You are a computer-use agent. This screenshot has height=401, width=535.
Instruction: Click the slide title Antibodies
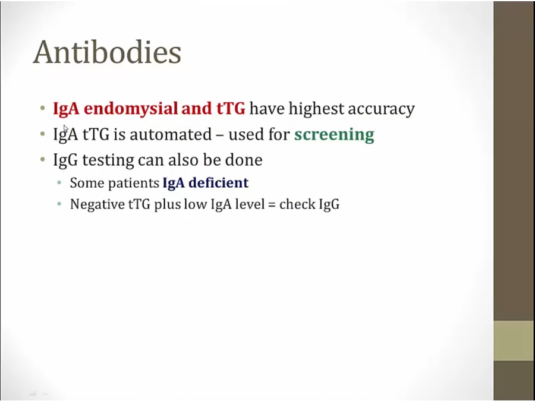(x=107, y=52)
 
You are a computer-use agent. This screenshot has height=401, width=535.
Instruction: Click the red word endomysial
(x=131, y=109)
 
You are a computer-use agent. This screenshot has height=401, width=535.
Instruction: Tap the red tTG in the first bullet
(x=231, y=109)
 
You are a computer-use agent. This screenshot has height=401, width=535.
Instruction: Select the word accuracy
(x=381, y=110)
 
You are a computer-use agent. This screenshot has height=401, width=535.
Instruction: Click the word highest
(x=316, y=109)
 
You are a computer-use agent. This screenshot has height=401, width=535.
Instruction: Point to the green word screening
(x=334, y=135)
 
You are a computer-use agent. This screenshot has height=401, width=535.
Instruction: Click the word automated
(x=171, y=134)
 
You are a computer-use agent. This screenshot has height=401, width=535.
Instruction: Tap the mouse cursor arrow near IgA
(x=66, y=128)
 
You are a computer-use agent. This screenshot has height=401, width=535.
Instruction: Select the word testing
(x=108, y=160)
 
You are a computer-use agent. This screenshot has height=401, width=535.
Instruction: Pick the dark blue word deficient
(x=218, y=182)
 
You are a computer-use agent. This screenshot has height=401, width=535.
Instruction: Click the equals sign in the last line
(x=273, y=205)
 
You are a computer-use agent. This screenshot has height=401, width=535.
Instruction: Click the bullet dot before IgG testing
(x=42, y=159)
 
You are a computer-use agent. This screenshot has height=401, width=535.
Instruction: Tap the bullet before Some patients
(x=59, y=183)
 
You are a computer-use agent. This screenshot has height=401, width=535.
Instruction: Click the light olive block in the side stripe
(x=514, y=340)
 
